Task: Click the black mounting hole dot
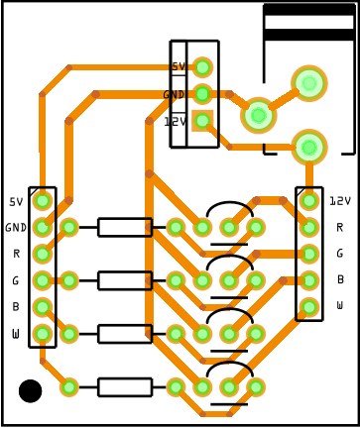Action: click(31, 391)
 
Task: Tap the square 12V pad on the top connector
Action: click(202, 121)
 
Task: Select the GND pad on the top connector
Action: click(202, 94)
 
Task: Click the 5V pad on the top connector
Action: click(202, 67)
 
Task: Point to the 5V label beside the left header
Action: click(16, 202)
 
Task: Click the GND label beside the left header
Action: click(16, 228)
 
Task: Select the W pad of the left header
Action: click(43, 334)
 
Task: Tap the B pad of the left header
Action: click(43, 307)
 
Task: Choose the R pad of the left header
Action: click(43, 254)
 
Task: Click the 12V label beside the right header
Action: click(340, 201)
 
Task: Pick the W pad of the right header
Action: click(309, 307)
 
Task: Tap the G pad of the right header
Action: click(309, 254)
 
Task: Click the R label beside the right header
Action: click(340, 227)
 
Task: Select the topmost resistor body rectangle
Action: click(125, 227)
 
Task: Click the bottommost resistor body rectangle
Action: click(125, 387)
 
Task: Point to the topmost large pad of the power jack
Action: click(309, 83)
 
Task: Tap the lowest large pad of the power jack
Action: click(309, 148)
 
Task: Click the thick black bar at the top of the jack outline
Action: click(309, 10)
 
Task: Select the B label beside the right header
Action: click(340, 279)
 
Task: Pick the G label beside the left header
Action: click(16, 281)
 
